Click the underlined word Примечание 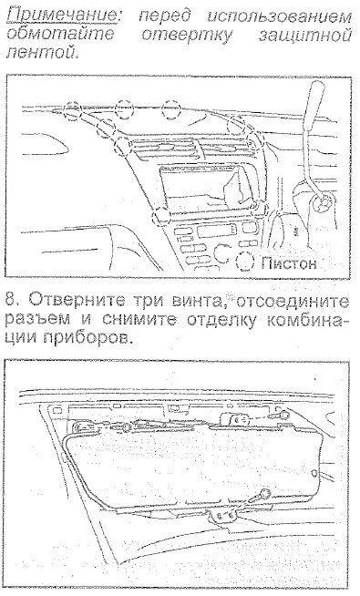coord(63,16)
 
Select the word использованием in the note coord(280,16)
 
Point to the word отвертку coord(186,35)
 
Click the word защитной coord(305,36)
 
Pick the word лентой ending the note coord(43,53)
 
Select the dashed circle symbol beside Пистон coord(245,262)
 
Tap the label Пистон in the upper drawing coord(289,262)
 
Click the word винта coord(197,301)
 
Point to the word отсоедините coord(292,301)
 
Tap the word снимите coord(139,319)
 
